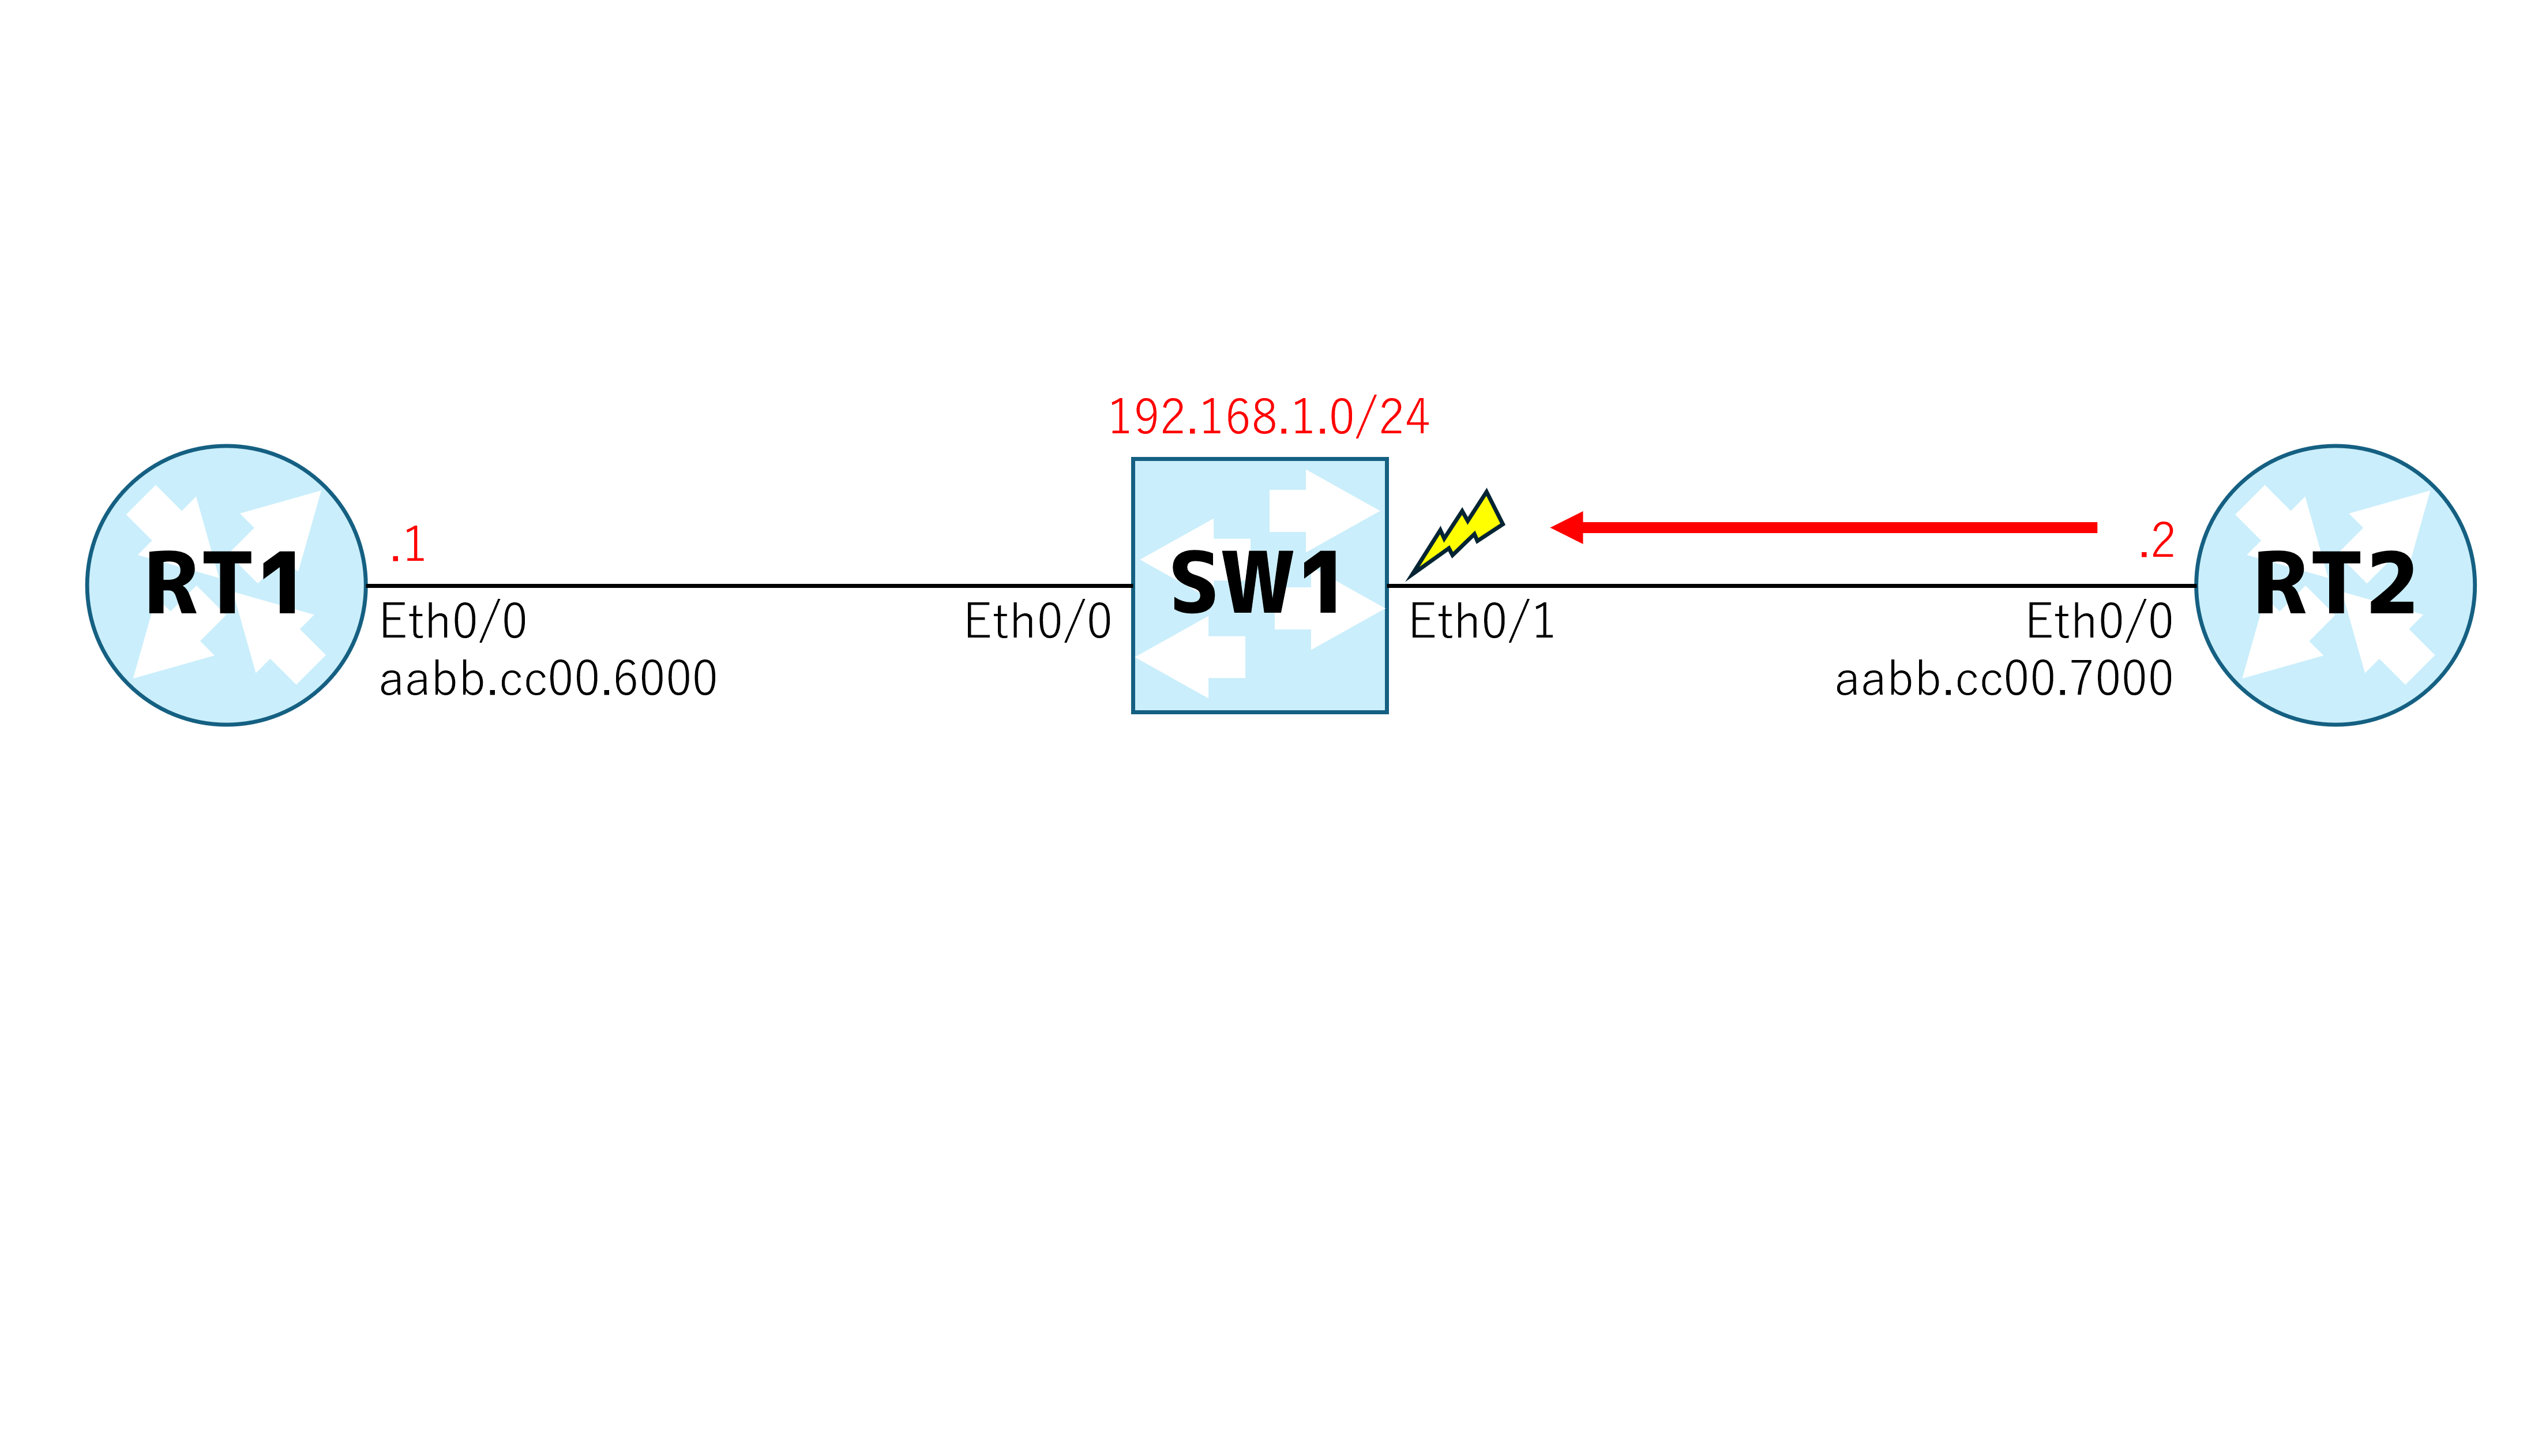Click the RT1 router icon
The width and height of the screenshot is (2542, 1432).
[226, 585]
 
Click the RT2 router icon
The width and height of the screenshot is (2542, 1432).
[2335, 585]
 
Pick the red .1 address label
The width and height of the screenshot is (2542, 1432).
[408, 544]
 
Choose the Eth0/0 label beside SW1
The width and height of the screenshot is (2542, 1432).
[1038, 622]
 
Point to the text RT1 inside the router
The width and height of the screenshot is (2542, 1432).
[223, 584]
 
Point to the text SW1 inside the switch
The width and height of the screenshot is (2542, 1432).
[1256, 584]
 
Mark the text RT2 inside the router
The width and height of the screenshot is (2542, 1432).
[2336, 584]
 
